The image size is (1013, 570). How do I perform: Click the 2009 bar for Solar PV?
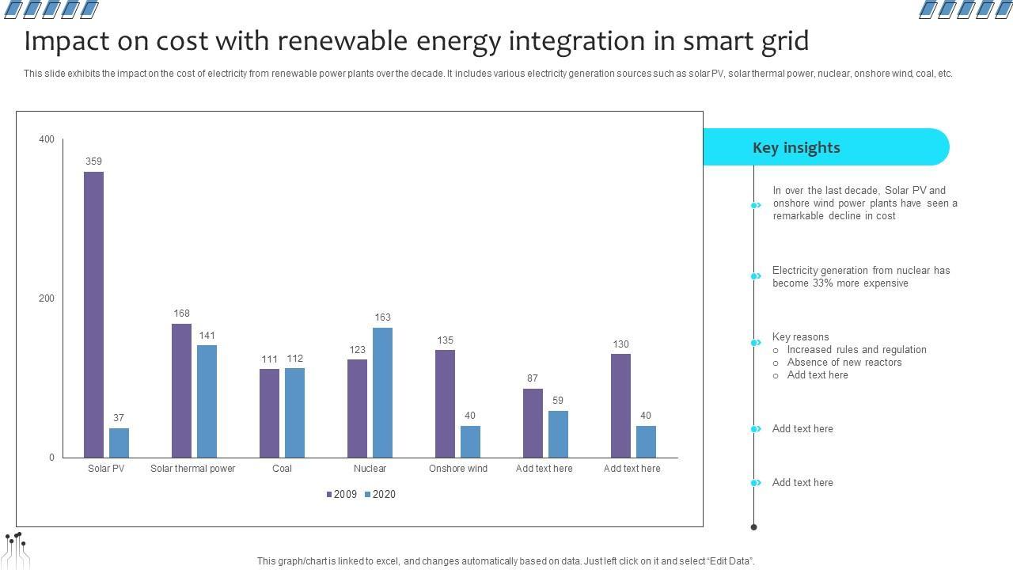(93, 314)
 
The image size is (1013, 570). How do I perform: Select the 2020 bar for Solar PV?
(119, 443)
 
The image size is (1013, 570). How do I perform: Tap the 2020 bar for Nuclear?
(382, 392)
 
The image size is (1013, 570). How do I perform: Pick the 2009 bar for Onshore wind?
(445, 403)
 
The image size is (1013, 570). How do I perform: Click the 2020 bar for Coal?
(294, 412)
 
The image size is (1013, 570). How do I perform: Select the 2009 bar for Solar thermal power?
(181, 390)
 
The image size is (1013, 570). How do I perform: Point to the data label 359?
(93, 161)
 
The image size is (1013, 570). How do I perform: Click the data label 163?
(382, 317)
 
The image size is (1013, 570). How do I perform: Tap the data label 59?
(558, 401)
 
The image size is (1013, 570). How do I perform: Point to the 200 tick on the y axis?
(47, 298)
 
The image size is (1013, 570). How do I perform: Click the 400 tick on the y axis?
(47, 139)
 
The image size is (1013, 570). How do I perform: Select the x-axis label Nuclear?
(370, 469)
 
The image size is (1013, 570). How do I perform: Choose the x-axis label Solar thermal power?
(192, 469)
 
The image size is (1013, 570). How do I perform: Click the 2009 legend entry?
(341, 495)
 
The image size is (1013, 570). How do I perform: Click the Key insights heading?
(796, 148)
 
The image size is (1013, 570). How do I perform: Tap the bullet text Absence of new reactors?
(844, 363)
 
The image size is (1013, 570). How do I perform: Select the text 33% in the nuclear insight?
(822, 283)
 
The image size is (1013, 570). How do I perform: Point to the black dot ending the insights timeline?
(753, 526)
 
